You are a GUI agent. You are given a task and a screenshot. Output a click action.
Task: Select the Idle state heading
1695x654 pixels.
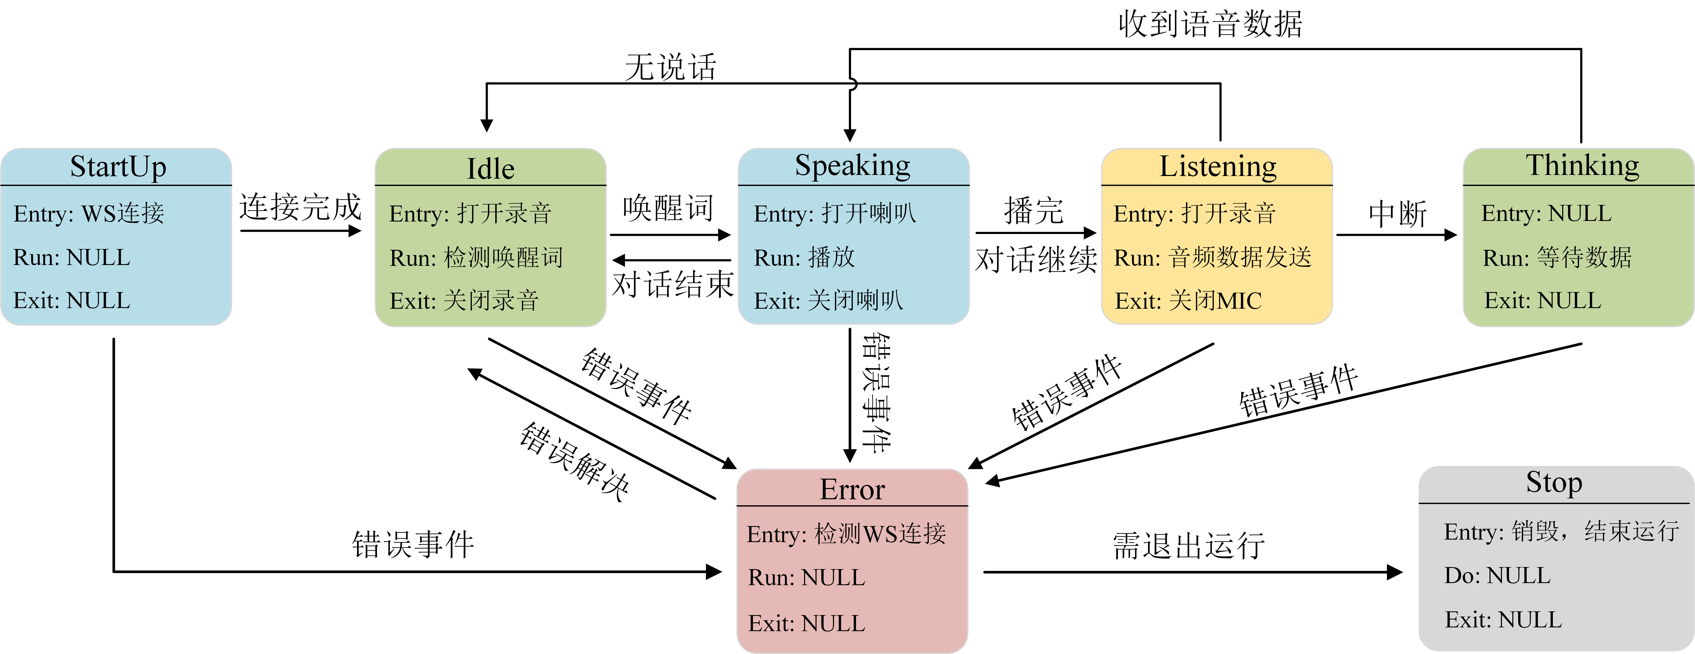[490, 169]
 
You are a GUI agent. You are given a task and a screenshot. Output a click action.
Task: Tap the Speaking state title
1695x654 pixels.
[853, 166]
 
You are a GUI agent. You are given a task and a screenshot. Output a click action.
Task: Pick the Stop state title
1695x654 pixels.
[1554, 483]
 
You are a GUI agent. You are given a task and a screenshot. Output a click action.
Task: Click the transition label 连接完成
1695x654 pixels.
[301, 207]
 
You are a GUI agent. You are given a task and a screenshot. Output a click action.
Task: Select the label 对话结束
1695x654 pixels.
[673, 285]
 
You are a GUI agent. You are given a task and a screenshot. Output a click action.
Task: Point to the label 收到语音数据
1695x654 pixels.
[1210, 24]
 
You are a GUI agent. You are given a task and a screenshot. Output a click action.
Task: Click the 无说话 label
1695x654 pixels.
[670, 67]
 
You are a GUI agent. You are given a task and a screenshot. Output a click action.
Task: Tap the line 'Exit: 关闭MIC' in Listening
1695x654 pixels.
[1188, 301]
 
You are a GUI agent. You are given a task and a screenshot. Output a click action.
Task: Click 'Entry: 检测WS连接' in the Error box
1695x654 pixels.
[846, 534]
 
